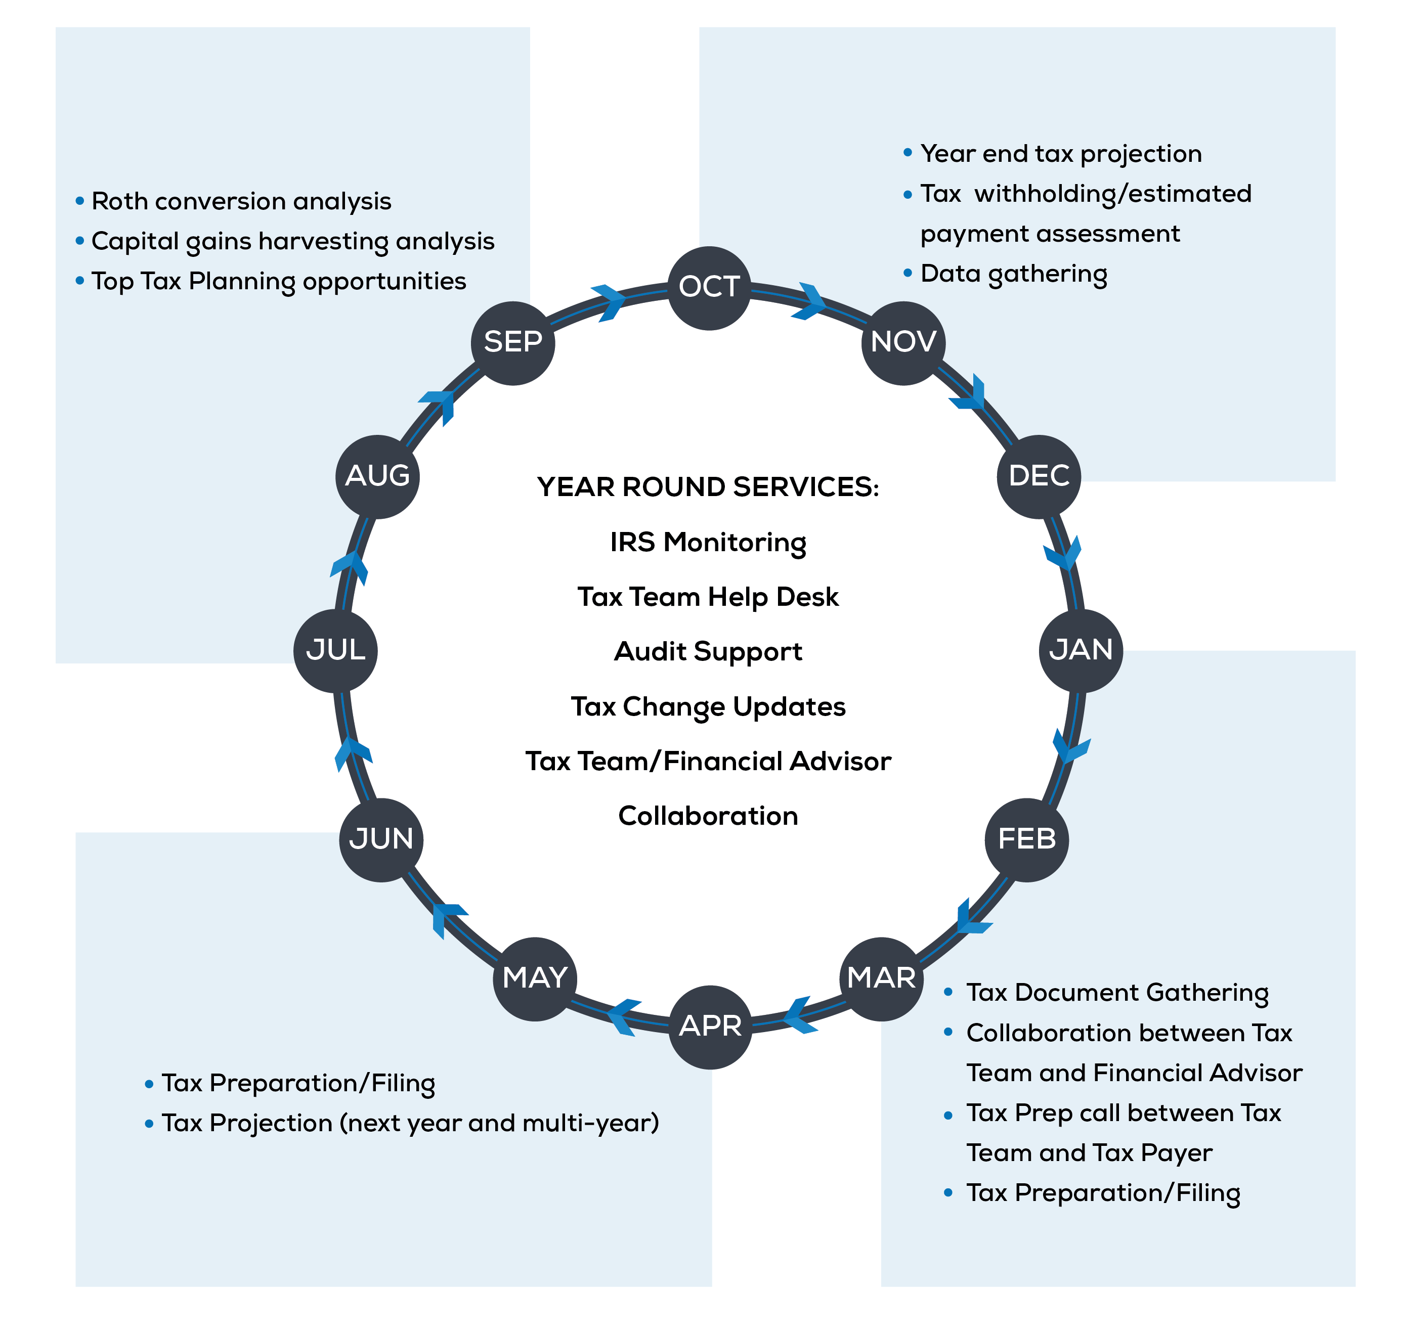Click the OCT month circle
(709, 288)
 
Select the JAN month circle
(1081, 651)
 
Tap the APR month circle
(710, 1027)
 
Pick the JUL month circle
(335, 651)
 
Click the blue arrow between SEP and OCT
(609, 302)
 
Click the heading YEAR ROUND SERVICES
(708, 487)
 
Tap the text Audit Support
(708, 651)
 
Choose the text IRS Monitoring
(708, 543)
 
